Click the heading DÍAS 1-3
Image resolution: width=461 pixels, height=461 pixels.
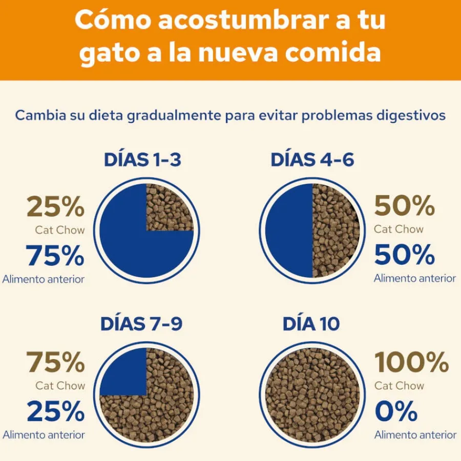coord(142,160)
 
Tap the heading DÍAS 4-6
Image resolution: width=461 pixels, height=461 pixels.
coord(312,160)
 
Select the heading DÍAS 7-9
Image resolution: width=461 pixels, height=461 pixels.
coord(141,323)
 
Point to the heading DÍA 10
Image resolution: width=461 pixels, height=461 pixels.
coord(311,323)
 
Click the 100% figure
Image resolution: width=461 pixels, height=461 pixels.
coord(412,362)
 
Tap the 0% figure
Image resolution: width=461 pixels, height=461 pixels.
coord(396,411)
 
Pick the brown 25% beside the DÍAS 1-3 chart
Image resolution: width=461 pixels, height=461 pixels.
coord(55,207)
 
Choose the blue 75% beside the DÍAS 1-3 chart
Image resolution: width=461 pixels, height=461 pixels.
coord(55,256)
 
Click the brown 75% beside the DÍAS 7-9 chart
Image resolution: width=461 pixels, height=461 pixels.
coord(55,362)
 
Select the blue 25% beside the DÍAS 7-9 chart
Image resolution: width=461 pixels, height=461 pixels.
coord(56,411)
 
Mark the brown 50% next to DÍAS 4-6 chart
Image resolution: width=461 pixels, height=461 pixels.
coord(405,206)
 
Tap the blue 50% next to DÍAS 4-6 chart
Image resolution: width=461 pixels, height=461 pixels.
coord(405,255)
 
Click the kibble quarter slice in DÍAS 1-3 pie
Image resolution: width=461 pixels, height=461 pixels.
coord(170,207)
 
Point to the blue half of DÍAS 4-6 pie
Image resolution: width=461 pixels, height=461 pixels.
coord(289,230)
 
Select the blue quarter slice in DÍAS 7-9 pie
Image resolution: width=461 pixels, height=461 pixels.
coord(123,372)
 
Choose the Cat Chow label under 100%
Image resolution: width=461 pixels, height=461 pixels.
coord(399,385)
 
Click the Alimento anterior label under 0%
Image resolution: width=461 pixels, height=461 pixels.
coord(415,435)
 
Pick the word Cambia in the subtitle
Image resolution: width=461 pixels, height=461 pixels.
coord(40,115)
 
